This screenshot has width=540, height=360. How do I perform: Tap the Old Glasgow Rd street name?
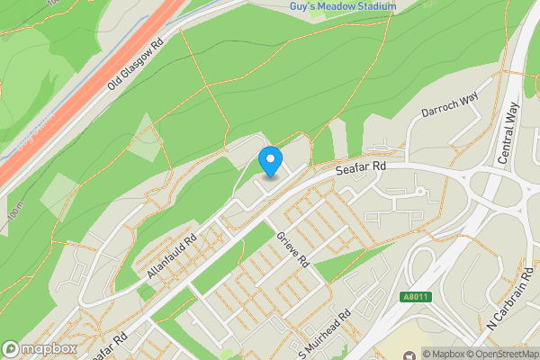tap(135, 63)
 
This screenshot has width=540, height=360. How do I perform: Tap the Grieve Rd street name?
tap(293, 249)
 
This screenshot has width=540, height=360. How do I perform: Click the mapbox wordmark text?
tap(49, 348)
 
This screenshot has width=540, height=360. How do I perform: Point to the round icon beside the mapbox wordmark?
tap(11, 348)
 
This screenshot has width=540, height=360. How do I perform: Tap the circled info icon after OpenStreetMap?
tap(533, 354)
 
